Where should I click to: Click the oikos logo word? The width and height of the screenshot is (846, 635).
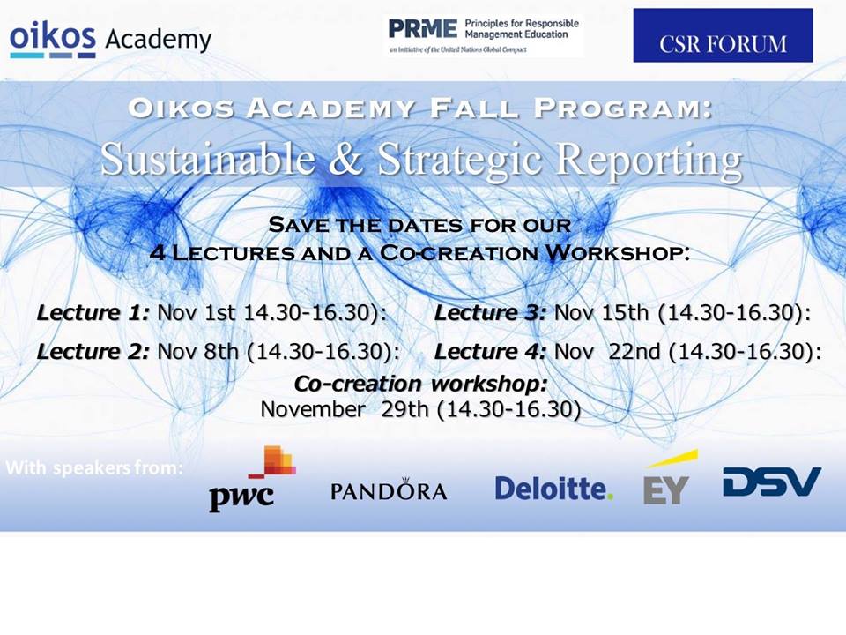pyautogui.click(x=53, y=38)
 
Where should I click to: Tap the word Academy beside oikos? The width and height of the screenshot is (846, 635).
pyautogui.click(x=158, y=40)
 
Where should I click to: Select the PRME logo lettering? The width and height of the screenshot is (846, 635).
pyautogui.click(x=422, y=28)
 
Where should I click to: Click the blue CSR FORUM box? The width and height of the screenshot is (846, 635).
pyautogui.click(x=723, y=35)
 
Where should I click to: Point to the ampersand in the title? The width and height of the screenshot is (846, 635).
pyautogui.click(x=345, y=160)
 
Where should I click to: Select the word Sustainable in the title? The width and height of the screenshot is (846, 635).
pyautogui.click(x=208, y=159)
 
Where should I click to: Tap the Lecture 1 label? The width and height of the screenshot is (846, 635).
pyautogui.click(x=93, y=312)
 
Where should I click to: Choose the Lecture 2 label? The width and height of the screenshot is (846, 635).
pyautogui.click(x=93, y=352)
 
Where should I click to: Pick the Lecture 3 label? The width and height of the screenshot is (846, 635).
pyautogui.click(x=490, y=312)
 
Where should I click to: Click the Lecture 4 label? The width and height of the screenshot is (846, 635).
pyautogui.click(x=490, y=352)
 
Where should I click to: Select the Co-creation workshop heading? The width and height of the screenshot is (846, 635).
pyautogui.click(x=421, y=384)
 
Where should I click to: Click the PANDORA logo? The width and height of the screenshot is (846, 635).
pyautogui.click(x=389, y=489)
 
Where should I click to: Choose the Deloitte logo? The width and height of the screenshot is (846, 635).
pyautogui.click(x=553, y=488)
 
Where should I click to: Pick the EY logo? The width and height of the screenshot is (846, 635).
pyautogui.click(x=670, y=477)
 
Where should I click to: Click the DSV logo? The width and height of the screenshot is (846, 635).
pyautogui.click(x=772, y=482)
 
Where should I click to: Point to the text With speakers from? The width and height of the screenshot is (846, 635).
pyautogui.click(x=94, y=467)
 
